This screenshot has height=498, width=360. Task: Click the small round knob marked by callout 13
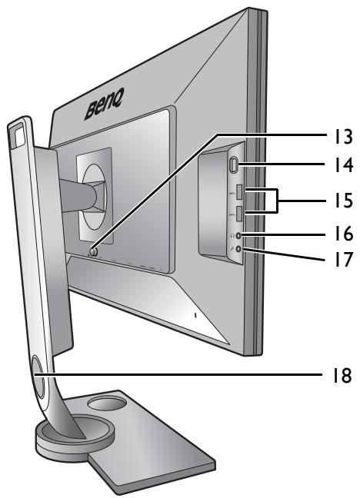pos(92,251)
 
